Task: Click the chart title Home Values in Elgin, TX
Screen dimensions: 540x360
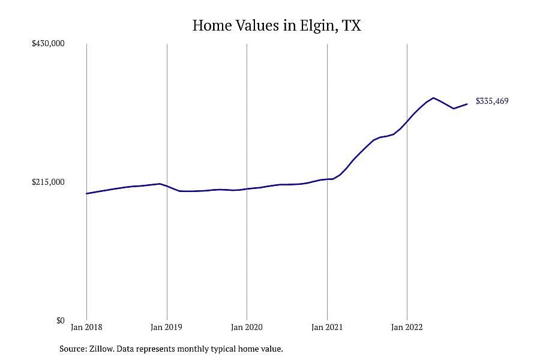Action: (277, 26)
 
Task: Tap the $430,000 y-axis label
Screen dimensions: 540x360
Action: (48, 43)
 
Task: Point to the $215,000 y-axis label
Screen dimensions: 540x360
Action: (48, 182)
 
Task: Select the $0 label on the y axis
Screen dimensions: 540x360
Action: (60, 320)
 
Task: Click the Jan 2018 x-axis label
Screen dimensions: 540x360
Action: (86, 327)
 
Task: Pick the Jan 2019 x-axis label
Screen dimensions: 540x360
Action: (166, 327)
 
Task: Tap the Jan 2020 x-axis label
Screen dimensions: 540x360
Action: (247, 327)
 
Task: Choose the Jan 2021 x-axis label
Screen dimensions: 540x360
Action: (327, 327)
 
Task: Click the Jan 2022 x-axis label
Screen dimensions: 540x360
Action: (407, 327)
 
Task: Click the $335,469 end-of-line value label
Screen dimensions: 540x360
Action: (492, 101)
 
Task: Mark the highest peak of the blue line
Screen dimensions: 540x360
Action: (433, 98)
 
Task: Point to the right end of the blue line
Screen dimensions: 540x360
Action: (467, 104)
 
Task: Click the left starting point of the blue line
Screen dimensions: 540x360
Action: (86, 193)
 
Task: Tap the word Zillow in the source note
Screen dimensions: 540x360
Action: (101, 349)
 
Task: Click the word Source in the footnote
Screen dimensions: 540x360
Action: (73, 349)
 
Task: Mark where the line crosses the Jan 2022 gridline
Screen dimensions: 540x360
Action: (407, 121)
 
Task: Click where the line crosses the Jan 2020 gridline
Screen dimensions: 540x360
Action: (247, 189)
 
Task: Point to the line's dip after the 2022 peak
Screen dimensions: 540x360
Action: (454, 109)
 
